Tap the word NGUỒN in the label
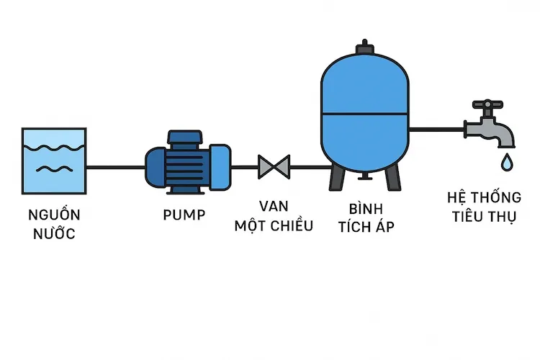pos(54,215)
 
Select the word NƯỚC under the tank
pos(54,234)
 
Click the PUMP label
pos(184,215)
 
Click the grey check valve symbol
pos(274,167)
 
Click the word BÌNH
pos(364,210)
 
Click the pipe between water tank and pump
pos(115,167)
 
